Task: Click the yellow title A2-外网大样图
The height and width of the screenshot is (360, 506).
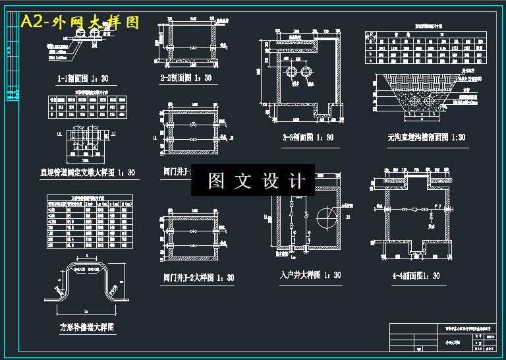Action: [x=80, y=22]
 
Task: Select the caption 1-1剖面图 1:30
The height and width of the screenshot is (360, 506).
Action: [x=82, y=79]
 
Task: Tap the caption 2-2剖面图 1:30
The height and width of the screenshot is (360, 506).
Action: [x=186, y=78]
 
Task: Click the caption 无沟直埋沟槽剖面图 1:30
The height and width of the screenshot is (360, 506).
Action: [x=426, y=137]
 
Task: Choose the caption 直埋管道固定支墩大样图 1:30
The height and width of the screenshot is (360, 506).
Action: [x=88, y=173]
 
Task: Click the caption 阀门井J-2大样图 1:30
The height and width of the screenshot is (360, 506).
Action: [x=198, y=278]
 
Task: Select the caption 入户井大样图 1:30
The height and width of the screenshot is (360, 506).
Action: [x=310, y=275]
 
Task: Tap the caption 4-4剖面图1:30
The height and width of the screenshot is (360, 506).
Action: [x=415, y=276]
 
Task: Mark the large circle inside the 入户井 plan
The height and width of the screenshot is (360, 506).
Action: [x=325, y=216]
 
